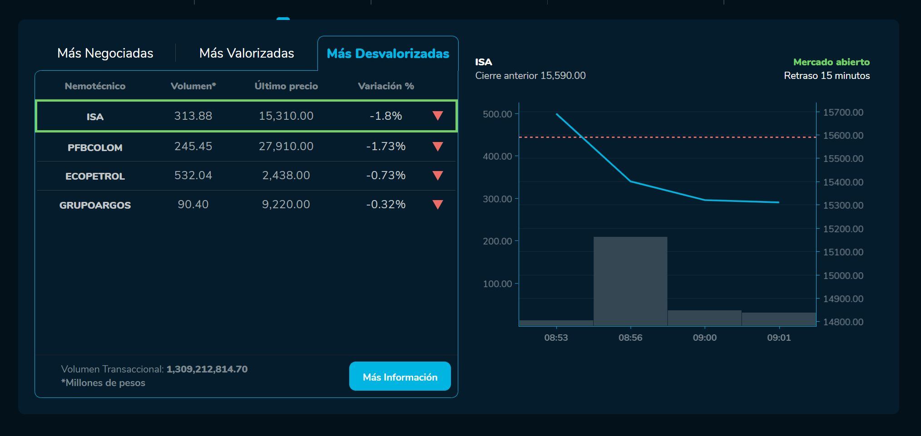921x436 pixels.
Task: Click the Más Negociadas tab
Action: pyautogui.click(x=105, y=54)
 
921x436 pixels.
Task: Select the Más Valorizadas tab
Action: pyautogui.click(x=247, y=54)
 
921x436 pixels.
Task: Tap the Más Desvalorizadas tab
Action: pyautogui.click(x=388, y=54)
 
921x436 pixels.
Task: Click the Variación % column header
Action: pyautogui.click(x=386, y=86)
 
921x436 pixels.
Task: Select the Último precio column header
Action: pyautogui.click(x=286, y=86)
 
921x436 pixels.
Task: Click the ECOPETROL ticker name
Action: pyautogui.click(x=95, y=176)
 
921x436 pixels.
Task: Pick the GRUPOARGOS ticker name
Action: pyautogui.click(x=95, y=206)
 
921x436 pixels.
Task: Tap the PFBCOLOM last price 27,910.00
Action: pyautogui.click(x=286, y=147)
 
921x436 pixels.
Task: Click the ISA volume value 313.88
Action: pyautogui.click(x=193, y=116)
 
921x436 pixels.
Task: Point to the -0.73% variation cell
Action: pyautogui.click(x=386, y=176)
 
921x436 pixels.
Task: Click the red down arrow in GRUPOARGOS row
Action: pyautogui.click(x=438, y=205)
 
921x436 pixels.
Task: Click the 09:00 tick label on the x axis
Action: pyautogui.click(x=704, y=338)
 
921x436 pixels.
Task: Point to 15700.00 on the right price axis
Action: pyautogui.click(x=843, y=113)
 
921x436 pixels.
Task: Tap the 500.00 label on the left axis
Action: pyautogui.click(x=497, y=114)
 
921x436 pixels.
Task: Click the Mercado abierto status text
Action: pyautogui.click(x=831, y=62)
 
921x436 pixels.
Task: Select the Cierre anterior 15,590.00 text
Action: pyautogui.click(x=530, y=76)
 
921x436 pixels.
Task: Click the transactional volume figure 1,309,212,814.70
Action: pyautogui.click(x=207, y=369)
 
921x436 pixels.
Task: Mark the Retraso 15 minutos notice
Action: pyautogui.click(x=827, y=76)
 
